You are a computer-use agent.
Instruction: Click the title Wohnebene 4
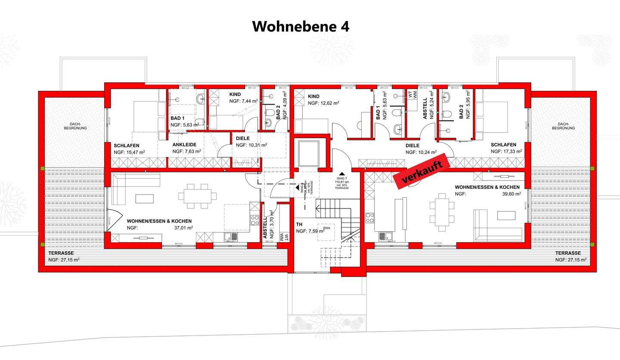(301, 26)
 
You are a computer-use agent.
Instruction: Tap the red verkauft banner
(422, 172)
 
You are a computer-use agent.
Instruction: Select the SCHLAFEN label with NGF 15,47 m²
(127, 145)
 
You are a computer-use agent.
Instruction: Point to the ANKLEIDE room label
(184, 145)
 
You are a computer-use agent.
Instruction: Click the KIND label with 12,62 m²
(313, 96)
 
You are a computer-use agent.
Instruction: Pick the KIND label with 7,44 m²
(235, 94)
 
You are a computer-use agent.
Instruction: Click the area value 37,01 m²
(183, 228)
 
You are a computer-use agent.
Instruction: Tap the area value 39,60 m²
(512, 194)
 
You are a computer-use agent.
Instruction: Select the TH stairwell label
(299, 224)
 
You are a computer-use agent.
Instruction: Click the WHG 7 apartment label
(342, 178)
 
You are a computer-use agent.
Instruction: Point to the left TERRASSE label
(61, 253)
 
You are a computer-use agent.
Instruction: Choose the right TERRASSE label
(568, 253)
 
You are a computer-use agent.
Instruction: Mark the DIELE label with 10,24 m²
(412, 146)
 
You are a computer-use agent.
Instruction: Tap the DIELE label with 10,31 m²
(243, 138)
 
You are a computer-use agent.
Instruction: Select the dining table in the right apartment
(442, 207)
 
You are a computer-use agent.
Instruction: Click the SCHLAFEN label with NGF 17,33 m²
(504, 145)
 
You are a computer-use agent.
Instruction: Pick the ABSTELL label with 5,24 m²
(425, 109)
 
